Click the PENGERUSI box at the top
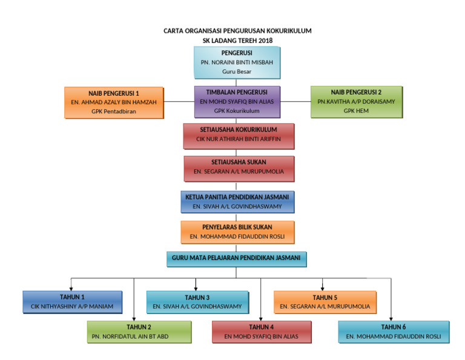(x=237, y=62)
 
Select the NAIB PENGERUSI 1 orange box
(x=114, y=102)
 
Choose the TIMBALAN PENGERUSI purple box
(x=237, y=102)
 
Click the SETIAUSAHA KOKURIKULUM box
(x=238, y=136)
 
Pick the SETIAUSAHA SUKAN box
(x=238, y=168)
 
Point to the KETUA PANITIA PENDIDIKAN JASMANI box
(x=238, y=202)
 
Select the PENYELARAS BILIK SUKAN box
(x=238, y=232)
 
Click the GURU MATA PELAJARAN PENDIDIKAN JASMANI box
(x=237, y=259)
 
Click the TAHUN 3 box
(x=197, y=302)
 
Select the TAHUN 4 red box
(x=262, y=332)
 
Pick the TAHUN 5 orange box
(x=325, y=302)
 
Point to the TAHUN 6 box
(x=394, y=332)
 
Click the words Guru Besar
(x=237, y=72)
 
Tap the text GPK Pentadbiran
(x=114, y=112)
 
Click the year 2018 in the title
(x=264, y=41)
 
